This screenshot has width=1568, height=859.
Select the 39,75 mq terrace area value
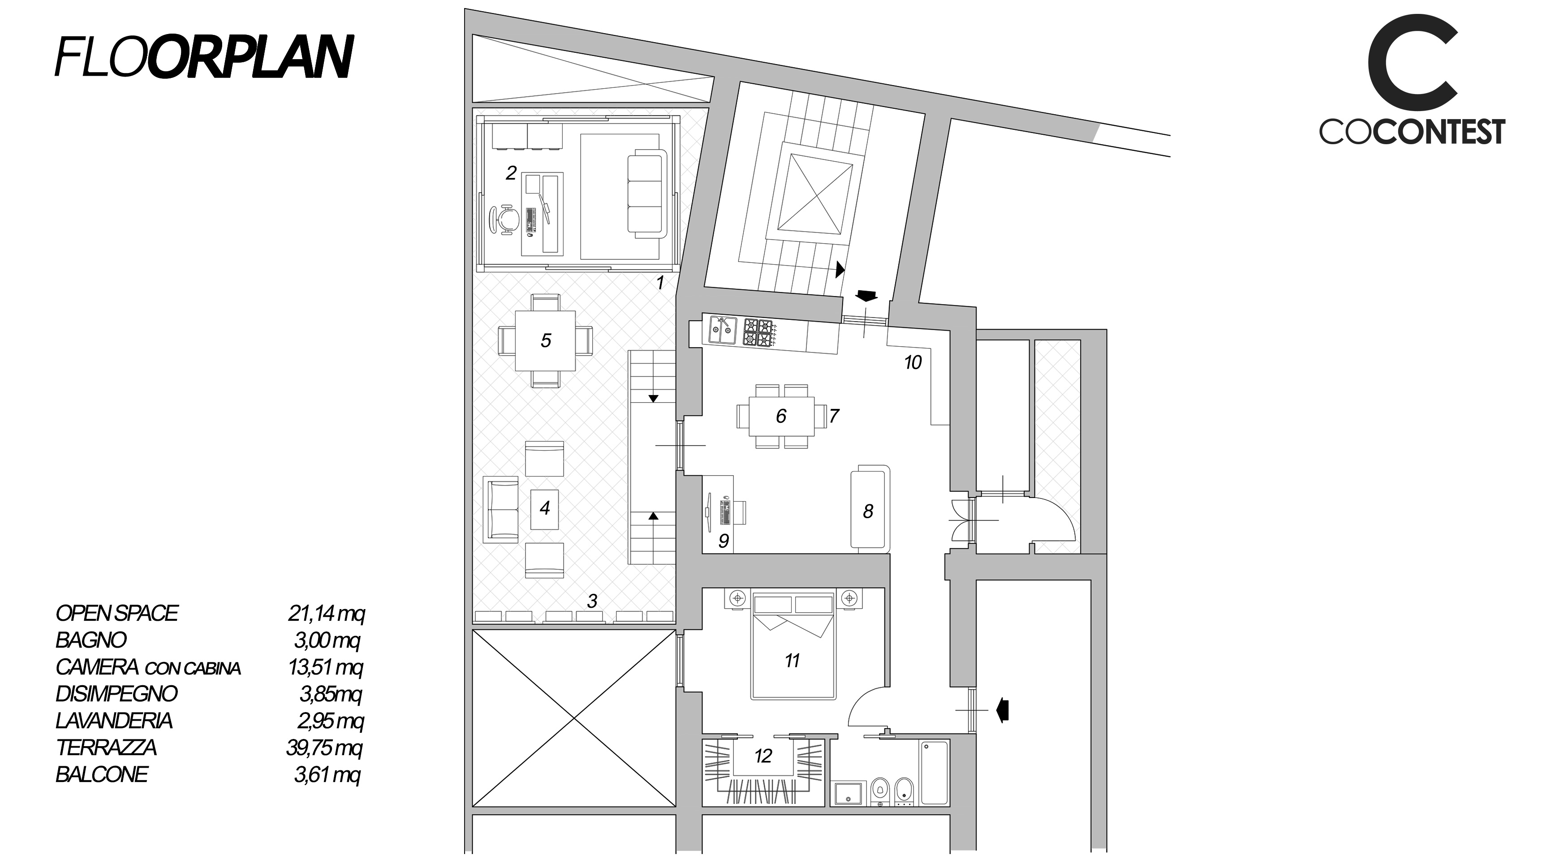(x=324, y=747)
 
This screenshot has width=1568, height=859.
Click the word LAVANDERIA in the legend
(x=114, y=720)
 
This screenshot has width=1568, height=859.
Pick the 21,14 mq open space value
(x=326, y=613)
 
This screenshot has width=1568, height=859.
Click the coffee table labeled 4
(x=545, y=508)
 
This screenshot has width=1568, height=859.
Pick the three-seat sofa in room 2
(x=646, y=195)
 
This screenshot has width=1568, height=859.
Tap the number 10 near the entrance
(x=913, y=363)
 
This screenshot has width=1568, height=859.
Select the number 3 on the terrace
(x=592, y=601)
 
